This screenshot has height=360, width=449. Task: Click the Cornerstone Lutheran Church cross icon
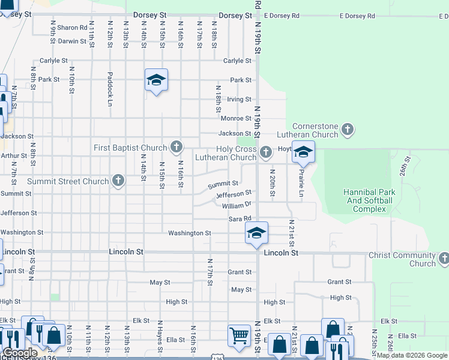click(x=348, y=129)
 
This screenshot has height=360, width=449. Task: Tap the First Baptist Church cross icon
click(x=176, y=146)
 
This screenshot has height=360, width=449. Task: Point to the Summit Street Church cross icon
click(x=118, y=180)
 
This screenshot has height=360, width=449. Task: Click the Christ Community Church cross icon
click(x=444, y=257)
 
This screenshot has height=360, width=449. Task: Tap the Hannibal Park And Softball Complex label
click(x=369, y=200)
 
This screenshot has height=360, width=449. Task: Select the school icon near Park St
click(x=156, y=80)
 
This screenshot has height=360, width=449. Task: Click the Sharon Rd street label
click(x=73, y=28)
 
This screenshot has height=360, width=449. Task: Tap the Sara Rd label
click(x=238, y=219)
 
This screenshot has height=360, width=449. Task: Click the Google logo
click(x=20, y=353)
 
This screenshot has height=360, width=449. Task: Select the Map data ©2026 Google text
click(x=411, y=355)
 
